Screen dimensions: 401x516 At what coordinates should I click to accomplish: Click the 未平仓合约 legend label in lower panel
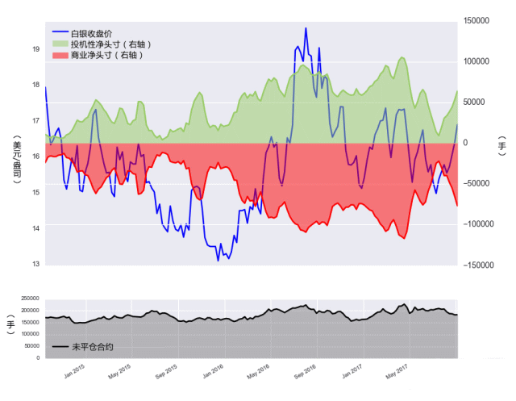[x=92, y=347]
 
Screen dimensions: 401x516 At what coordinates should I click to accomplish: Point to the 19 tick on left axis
[x=35, y=49]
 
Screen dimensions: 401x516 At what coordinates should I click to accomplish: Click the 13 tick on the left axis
[x=35, y=264]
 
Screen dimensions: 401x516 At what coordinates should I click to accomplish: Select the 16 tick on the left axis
[x=35, y=157]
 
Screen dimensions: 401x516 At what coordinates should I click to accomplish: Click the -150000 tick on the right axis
[x=479, y=265]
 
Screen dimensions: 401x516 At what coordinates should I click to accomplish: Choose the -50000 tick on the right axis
[x=481, y=183]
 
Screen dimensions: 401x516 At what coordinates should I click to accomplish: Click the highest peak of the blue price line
[x=306, y=28]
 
